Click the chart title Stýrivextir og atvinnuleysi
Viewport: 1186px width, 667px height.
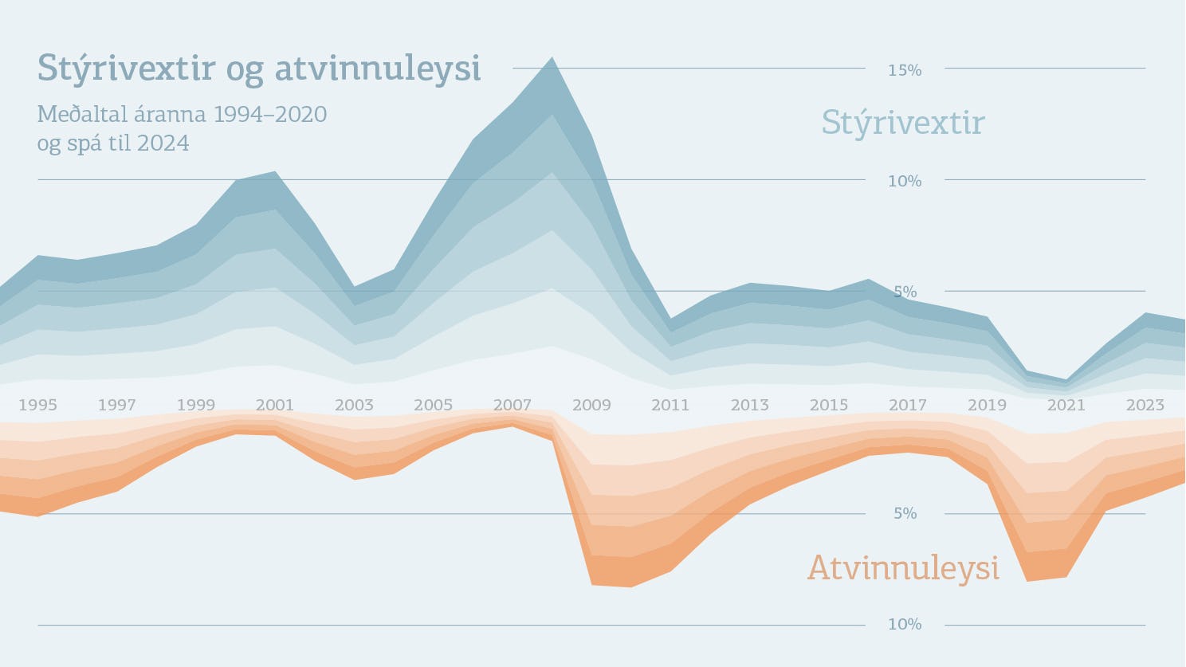coord(259,69)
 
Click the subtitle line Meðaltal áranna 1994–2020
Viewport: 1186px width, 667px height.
coord(182,114)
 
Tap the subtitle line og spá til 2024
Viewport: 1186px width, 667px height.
coord(113,143)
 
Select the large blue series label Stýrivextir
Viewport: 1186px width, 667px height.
coord(903,123)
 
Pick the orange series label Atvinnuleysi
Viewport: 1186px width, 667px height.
coord(903,568)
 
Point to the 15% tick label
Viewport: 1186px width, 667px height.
coord(905,70)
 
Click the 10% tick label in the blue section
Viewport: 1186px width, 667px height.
coord(905,181)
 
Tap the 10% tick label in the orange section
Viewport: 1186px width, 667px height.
coord(905,624)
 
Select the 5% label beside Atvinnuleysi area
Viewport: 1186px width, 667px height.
coord(905,513)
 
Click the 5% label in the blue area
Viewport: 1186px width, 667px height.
coord(905,292)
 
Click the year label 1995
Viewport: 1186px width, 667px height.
coord(37,405)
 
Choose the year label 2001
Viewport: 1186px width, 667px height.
coord(275,405)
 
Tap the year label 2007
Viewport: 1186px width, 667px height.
coord(512,405)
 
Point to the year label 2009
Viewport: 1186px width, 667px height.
coord(591,405)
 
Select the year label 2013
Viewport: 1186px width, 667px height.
coord(749,405)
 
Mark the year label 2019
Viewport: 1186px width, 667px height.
coord(987,405)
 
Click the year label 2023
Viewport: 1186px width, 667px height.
coord(1145,405)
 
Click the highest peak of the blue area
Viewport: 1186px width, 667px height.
coord(552,61)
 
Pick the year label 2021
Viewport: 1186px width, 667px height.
coord(1066,405)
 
